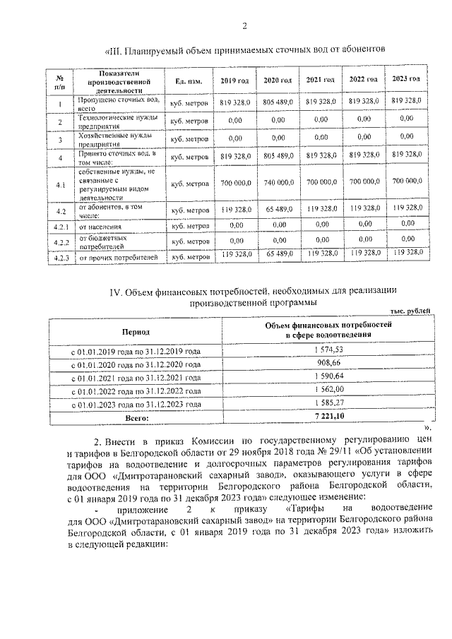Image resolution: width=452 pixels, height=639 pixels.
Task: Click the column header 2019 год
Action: pyautogui.click(x=233, y=80)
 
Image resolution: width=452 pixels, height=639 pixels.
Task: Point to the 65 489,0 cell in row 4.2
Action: pyautogui.click(x=278, y=210)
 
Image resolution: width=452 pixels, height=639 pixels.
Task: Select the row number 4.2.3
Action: pyautogui.click(x=61, y=257)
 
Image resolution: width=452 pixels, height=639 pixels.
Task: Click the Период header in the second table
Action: pyautogui.click(x=136, y=330)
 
